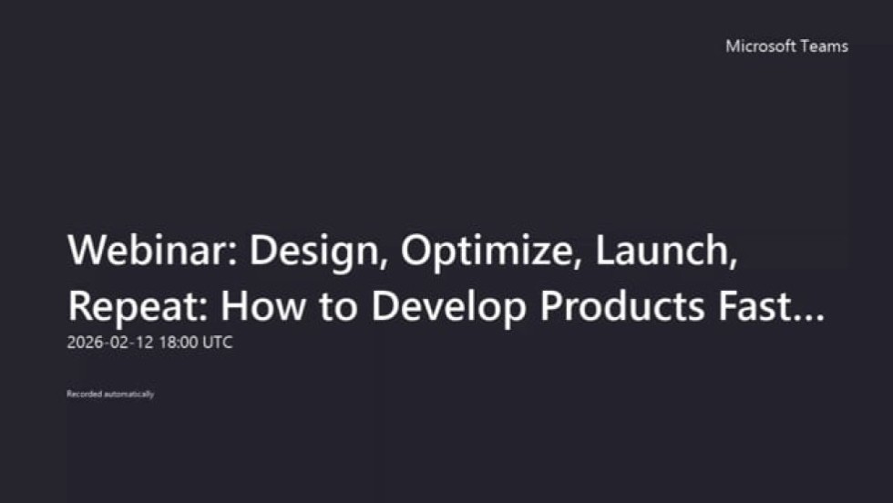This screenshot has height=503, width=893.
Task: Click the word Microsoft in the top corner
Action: click(x=761, y=46)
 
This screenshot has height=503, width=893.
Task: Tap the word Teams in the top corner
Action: click(x=825, y=46)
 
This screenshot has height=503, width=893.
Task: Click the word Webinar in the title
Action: click(x=148, y=250)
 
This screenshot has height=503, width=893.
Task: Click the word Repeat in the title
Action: click(x=134, y=307)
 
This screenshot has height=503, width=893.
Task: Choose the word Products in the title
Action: click(x=622, y=305)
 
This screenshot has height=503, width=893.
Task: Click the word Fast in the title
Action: click(x=754, y=306)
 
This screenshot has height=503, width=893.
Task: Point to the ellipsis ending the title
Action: click(x=809, y=318)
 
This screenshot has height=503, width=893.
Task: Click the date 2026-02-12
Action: click(x=110, y=343)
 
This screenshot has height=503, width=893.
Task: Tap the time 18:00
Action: click(x=179, y=343)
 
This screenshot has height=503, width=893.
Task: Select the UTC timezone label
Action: click(x=218, y=343)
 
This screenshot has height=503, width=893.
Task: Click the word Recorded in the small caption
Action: click(x=84, y=394)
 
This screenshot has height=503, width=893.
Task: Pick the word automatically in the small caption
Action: click(x=129, y=395)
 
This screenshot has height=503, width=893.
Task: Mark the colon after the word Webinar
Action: click(x=232, y=254)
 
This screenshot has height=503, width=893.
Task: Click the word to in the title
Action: click(x=338, y=307)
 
